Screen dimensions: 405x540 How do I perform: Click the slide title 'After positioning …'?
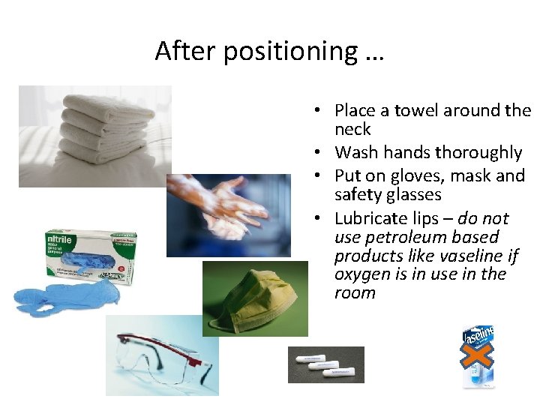point(269,51)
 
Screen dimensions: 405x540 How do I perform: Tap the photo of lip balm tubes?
point(325,364)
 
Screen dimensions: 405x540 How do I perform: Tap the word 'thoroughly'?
point(481,153)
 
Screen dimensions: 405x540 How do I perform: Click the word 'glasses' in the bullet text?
point(410,195)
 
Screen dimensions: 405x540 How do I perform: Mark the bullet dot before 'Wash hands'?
point(319,153)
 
